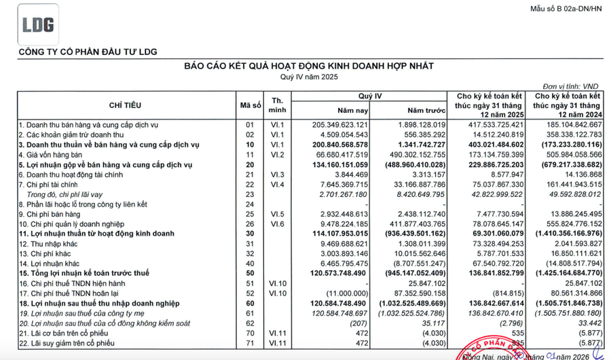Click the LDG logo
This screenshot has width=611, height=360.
38,26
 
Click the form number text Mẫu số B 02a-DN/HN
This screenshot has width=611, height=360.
566,9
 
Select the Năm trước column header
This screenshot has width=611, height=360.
426,111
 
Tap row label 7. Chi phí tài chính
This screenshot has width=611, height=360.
52,184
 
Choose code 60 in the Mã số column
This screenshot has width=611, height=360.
249,303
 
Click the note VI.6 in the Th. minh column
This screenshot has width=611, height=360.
277,223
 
